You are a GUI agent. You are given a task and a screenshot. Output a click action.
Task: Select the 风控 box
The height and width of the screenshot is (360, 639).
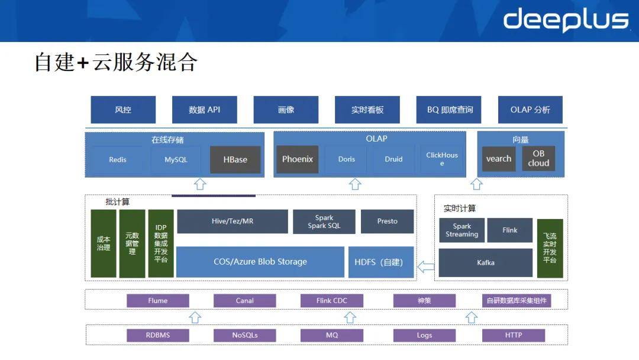(x=123, y=110)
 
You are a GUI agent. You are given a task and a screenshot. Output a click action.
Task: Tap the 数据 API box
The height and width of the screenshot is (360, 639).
(x=204, y=110)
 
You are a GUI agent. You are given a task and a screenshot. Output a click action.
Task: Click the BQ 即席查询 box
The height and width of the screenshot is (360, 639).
(x=449, y=110)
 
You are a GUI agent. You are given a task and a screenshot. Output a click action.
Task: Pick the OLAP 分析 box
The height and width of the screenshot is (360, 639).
(x=530, y=110)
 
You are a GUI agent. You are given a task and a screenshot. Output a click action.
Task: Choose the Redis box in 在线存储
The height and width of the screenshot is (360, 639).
(x=118, y=160)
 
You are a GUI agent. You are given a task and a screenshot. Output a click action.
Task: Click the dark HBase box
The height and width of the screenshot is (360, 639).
(x=235, y=160)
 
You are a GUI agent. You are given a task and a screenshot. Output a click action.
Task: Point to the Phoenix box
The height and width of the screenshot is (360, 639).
(x=297, y=159)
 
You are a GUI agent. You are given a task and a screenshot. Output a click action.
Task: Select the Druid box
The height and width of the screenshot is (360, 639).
(x=393, y=159)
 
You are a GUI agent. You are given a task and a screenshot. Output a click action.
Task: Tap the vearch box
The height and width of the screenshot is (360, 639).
(x=499, y=159)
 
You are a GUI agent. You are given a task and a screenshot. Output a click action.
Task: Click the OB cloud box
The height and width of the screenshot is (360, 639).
(x=538, y=159)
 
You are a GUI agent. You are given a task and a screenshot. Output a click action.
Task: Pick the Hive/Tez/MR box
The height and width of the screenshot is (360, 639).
(x=233, y=221)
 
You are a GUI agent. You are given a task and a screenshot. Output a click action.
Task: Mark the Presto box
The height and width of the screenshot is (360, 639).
(x=388, y=221)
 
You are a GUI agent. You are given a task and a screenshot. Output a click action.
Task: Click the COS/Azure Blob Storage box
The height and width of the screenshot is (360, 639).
(x=260, y=262)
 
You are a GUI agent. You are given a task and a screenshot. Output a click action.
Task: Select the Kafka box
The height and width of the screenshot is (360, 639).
(x=486, y=262)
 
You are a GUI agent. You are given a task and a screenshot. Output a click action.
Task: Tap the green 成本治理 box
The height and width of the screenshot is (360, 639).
(x=104, y=243)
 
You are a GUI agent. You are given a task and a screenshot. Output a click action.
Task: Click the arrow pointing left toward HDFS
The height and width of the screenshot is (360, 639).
(x=425, y=266)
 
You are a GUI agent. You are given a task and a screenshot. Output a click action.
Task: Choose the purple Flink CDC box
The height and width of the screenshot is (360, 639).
(x=332, y=301)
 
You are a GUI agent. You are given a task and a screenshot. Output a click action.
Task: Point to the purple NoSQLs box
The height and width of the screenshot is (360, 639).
(x=245, y=335)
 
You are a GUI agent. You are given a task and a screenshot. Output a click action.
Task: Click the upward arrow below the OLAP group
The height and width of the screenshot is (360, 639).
(x=355, y=184)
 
